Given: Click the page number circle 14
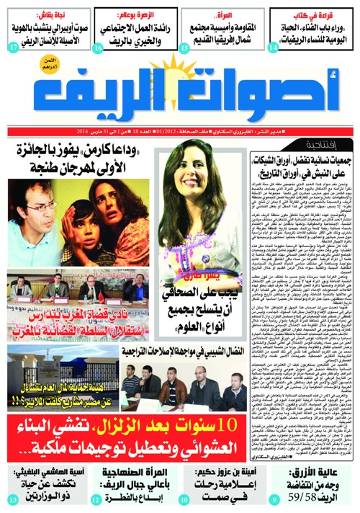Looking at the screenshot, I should pos(272,48).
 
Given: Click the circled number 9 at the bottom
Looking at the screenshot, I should pos(272,499).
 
